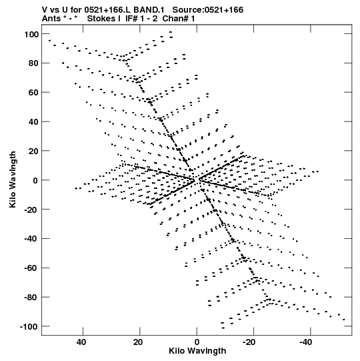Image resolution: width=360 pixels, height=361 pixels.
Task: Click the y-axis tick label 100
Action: point(31,34)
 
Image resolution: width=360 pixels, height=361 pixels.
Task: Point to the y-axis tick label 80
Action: point(33,63)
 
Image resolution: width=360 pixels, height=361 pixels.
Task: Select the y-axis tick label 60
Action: point(33,93)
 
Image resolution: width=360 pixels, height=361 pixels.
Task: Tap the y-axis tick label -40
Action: point(31,239)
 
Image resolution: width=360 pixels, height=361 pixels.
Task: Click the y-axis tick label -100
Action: point(29,326)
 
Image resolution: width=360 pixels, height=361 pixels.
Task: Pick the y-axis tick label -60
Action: point(31,268)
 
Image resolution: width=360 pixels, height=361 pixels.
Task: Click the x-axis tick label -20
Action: point(249,342)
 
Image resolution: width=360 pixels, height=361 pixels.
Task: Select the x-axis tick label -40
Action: point(306,342)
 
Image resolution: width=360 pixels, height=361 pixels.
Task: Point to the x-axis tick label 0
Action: point(197,342)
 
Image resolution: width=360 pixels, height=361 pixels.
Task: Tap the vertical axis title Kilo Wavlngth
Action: point(13,179)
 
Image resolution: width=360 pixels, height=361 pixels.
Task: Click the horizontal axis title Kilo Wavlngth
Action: point(197,351)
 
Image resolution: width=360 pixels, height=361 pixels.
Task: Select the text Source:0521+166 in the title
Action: point(208,10)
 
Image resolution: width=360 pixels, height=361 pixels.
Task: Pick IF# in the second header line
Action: point(131,19)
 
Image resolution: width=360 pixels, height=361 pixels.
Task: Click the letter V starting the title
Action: point(45,10)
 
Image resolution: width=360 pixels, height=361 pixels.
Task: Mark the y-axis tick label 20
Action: point(33,151)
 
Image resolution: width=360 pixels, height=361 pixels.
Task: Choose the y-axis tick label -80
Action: point(31,297)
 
